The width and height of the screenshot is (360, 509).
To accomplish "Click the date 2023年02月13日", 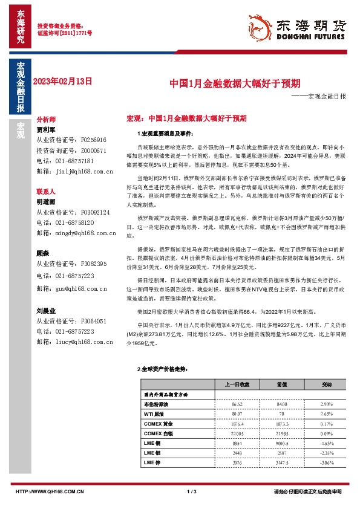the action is [63, 80].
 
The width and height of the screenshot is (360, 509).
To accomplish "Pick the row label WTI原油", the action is [154, 414].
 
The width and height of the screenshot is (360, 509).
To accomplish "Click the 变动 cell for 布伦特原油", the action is [327, 403].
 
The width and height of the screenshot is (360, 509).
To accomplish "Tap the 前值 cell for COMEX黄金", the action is [282, 424].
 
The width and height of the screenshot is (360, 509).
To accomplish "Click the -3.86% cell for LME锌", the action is [327, 463].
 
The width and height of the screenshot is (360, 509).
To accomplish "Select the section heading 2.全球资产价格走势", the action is [159, 368].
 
